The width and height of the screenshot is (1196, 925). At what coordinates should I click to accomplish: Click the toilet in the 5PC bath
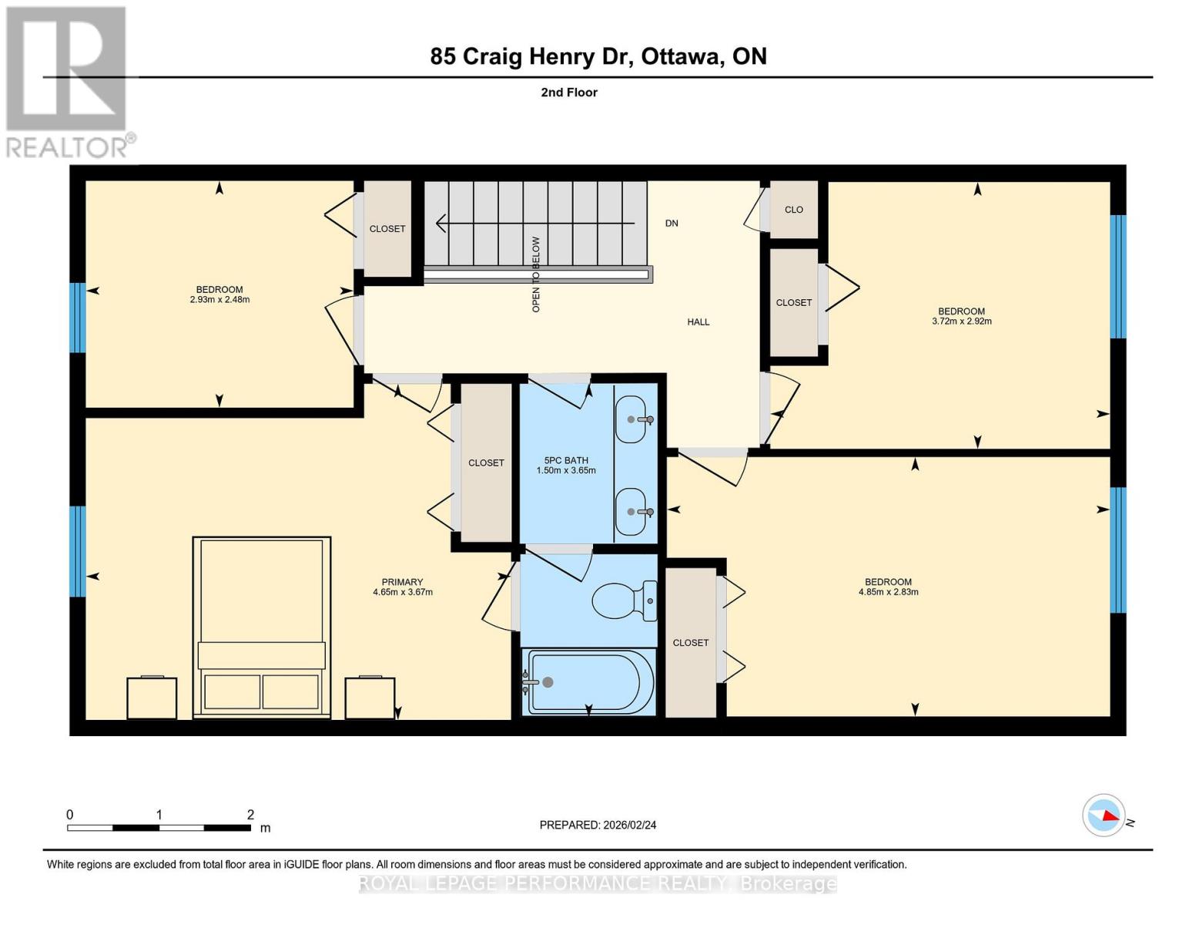[x=625, y=600]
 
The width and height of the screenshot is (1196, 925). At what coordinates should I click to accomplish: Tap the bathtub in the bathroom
[x=589, y=682]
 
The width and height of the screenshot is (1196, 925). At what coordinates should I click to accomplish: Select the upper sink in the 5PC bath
[x=632, y=419]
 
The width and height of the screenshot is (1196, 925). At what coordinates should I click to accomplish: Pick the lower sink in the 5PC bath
[x=632, y=512]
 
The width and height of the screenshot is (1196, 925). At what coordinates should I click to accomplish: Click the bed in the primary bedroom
[x=261, y=627]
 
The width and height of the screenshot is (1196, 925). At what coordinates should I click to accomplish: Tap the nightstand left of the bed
[x=152, y=698]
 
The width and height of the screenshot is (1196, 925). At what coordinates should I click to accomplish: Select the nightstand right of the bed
[x=370, y=698]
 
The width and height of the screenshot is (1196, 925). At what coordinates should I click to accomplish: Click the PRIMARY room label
[x=402, y=583]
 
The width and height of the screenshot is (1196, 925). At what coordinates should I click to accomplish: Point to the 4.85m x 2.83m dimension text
[x=888, y=593]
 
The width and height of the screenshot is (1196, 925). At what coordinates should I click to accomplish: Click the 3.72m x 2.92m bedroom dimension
[x=961, y=321]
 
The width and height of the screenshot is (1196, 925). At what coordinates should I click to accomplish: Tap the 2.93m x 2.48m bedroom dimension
[x=219, y=300]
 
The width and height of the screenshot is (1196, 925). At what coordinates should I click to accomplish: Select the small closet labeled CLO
[x=793, y=210]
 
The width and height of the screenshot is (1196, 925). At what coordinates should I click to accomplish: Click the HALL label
[x=699, y=322]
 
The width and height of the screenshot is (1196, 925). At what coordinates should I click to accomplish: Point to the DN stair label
[x=672, y=224]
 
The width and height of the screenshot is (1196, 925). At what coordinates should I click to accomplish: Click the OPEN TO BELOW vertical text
[x=536, y=274]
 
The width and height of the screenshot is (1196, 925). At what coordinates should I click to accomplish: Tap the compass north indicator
[x=1104, y=815]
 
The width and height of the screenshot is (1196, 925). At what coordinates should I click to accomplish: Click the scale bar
[x=159, y=828]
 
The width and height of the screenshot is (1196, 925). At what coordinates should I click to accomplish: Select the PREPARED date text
[x=598, y=825]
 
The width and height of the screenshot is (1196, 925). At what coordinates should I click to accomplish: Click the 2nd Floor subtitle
[x=569, y=92]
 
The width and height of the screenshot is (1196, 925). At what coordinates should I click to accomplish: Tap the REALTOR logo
[x=68, y=81]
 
